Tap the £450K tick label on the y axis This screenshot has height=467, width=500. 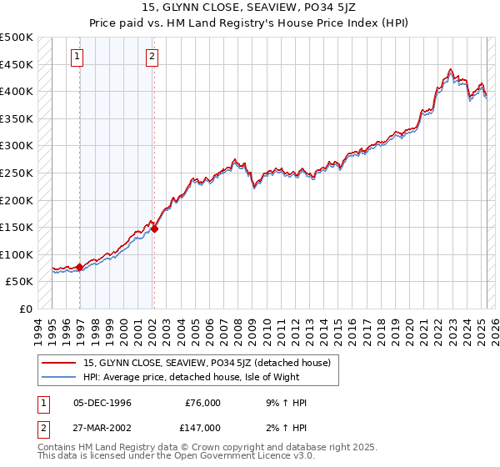tap(17, 64)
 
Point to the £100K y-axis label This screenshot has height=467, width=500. tap(17, 254)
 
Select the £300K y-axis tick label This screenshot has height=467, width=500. tap(17, 146)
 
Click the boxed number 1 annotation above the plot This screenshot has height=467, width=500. tap(77, 57)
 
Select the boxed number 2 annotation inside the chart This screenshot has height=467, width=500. tap(152, 57)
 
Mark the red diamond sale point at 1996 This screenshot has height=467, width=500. tap(79, 268)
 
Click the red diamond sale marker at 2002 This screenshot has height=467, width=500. tap(155, 228)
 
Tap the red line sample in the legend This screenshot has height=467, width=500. tap(59, 363)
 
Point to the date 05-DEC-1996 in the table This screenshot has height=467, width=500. tap(103, 403)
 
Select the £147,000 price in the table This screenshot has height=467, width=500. tap(202, 428)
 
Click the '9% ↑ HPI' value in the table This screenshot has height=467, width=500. tap(285, 403)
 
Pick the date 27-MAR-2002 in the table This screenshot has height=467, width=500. tap(104, 428)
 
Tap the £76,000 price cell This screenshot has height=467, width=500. tap(202, 403)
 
